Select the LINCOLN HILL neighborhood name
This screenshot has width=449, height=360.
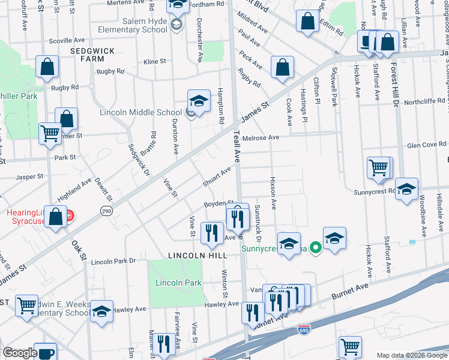pos(197,255)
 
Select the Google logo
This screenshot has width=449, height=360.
pos(20,353)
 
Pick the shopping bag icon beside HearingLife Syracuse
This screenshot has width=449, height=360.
pos(56,218)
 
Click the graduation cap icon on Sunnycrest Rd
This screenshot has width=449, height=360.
pos(406,190)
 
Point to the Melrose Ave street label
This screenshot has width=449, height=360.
pos(261,137)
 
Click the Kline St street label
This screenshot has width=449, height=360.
pos(154,61)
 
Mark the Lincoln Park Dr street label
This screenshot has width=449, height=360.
pos(113,262)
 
